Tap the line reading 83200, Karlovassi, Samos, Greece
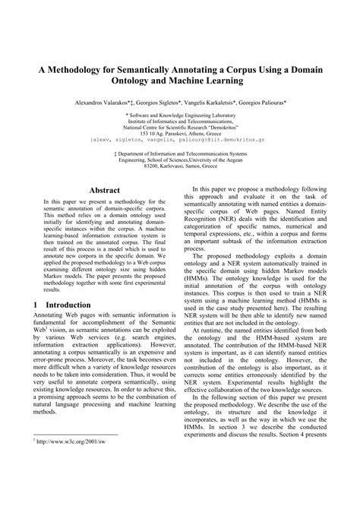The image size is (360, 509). [180, 168]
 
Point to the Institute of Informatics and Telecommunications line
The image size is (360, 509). [180, 120]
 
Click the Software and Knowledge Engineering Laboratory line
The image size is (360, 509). [180, 113]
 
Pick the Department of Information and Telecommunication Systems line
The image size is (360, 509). [180, 154]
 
